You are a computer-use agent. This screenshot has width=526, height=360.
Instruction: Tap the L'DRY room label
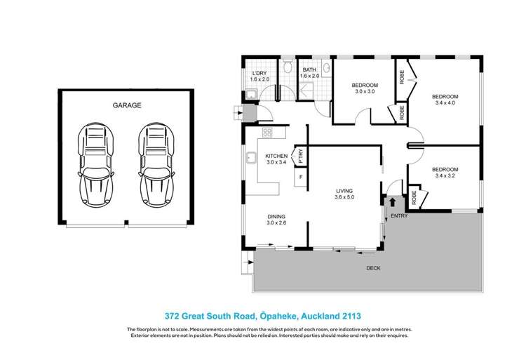coord(260,73)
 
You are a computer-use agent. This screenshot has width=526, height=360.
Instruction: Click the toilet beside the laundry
coord(288,67)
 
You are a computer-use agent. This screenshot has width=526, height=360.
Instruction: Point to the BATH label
coord(309,69)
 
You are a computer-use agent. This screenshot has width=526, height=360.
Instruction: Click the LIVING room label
coord(344,190)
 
